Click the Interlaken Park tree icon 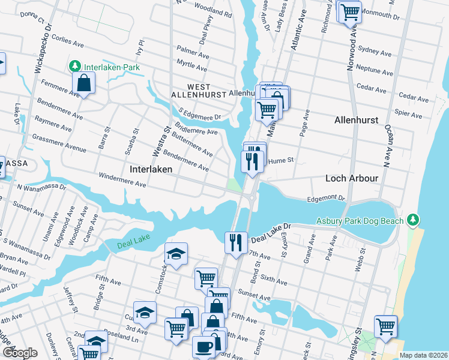(x=75, y=66)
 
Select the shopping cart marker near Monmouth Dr (x=350, y=12)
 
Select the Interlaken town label (x=151, y=170)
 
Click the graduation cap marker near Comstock (x=176, y=255)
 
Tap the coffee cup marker (x=203, y=348)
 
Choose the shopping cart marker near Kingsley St (x=385, y=327)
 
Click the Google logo (x=20, y=353)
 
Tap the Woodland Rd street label (x=213, y=11)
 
